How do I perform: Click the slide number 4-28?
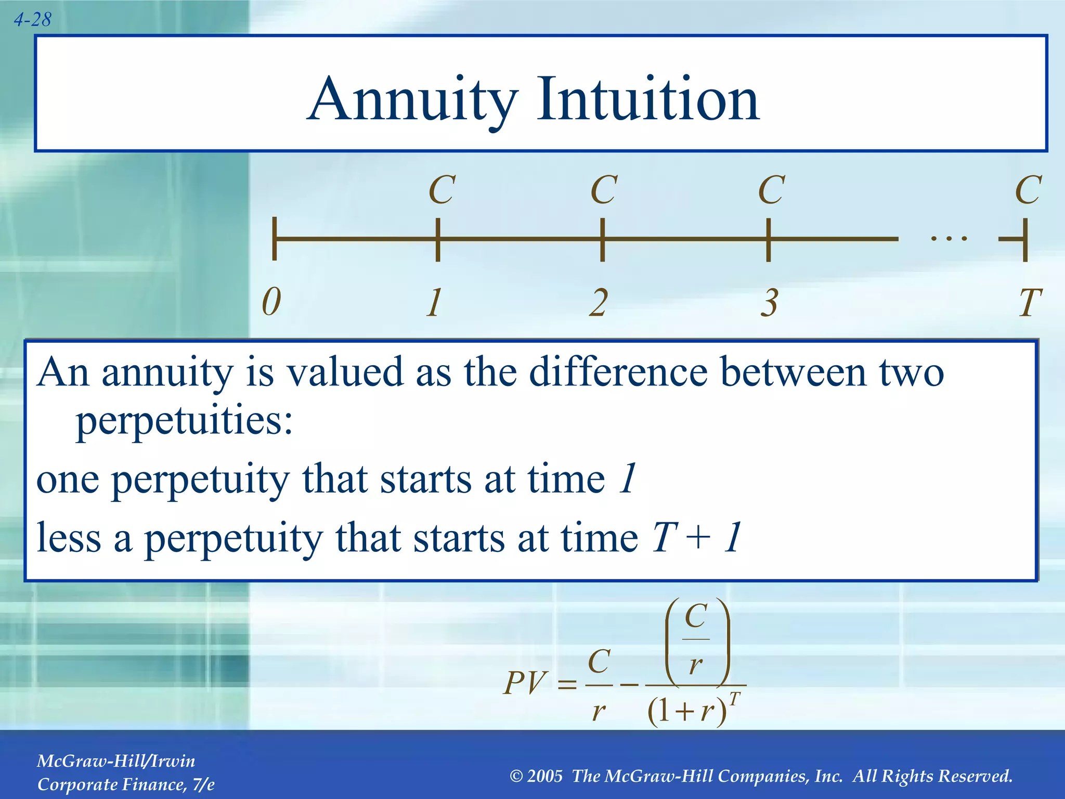click(32, 20)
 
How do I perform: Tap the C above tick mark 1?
click(441, 190)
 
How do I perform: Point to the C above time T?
click(1028, 190)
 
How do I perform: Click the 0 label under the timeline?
click(271, 302)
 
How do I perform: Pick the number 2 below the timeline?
click(599, 302)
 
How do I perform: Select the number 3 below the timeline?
click(769, 302)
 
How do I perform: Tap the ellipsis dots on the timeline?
click(949, 239)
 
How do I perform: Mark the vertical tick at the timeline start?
click(275, 239)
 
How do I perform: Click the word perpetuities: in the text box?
click(185, 420)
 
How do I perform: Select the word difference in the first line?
click(618, 372)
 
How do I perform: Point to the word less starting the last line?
click(69, 537)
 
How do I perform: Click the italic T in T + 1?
click(664, 537)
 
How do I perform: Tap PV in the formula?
click(526, 683)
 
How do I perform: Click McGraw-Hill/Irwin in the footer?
click(116, 761)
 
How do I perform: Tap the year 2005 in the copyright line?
click(544, 776)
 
